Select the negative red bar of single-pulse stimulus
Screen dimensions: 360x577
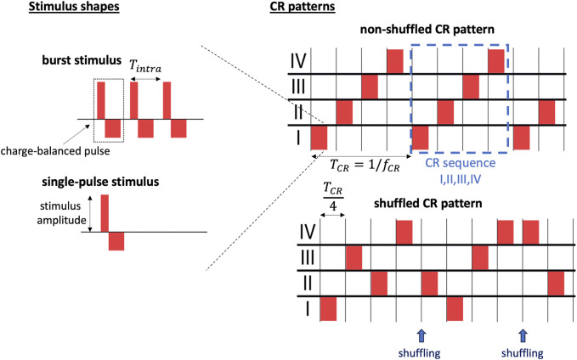pos(116,240)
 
